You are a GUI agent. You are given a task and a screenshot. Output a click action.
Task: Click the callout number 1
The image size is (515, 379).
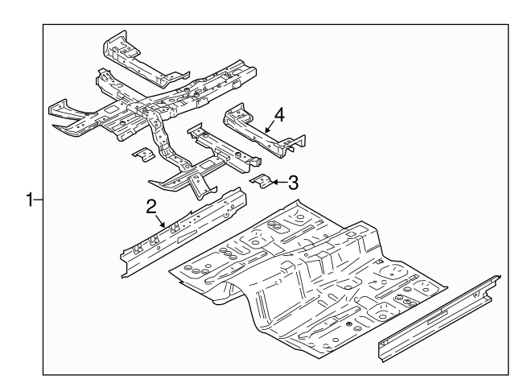pos(30,199)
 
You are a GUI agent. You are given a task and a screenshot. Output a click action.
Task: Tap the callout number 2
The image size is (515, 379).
pos(150,208)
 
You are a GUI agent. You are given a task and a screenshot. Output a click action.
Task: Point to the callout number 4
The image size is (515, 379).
pos(278,116)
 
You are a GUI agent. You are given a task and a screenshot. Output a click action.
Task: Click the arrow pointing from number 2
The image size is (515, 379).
pos(161,219)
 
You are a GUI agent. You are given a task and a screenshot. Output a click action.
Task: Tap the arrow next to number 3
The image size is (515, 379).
pos(276,183)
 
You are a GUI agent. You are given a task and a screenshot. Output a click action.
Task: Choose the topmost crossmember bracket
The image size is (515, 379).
pos(137,56)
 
